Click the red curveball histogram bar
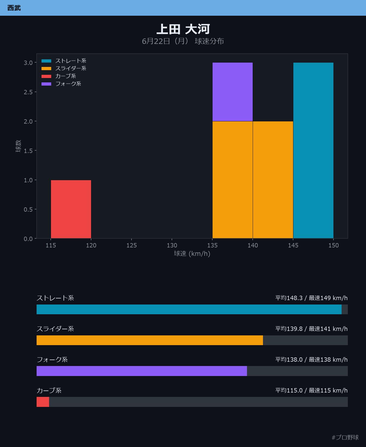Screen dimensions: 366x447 tap(71, 209)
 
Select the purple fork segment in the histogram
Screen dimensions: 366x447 tap(233, 92)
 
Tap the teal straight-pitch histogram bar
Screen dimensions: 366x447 tap(313, 150)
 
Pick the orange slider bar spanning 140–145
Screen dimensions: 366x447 tap(273, 180)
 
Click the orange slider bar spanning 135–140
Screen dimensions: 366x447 tap(233, 180)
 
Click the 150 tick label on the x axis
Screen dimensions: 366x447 tap(333, 245)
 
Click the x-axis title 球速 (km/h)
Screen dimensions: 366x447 tap(192, 254)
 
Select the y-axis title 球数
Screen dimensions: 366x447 tap(18, 146)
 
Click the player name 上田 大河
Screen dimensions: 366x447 tap(183, 29)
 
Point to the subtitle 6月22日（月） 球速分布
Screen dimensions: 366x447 tap(183, 41)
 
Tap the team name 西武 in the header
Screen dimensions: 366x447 tap(14, 8)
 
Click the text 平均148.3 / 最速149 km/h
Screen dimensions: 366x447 tap(312, 298)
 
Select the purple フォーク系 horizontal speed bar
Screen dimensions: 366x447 tap(142, 371)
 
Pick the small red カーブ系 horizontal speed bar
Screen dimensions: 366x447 tap(43, 402)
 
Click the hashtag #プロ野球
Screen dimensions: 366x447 tap(345, 437)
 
